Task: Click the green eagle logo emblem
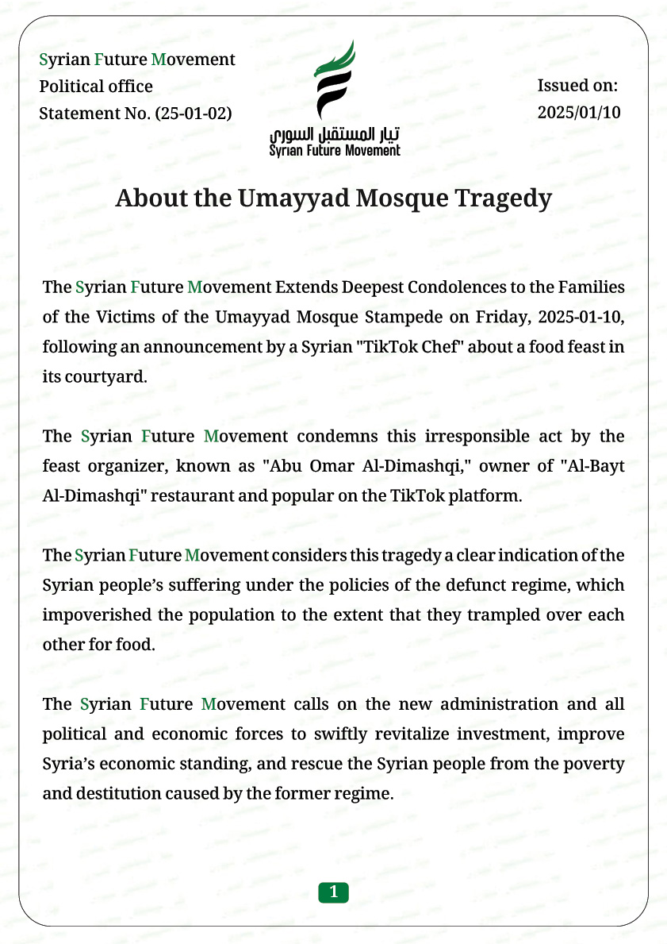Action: (x=334, y=79)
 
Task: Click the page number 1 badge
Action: (x=334, y=892)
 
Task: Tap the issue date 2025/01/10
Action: (x=579, y=112)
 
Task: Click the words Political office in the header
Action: (x=96, y=86)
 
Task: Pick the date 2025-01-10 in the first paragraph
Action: (x=581, y=317)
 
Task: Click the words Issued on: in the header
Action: (x=577, y=86)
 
